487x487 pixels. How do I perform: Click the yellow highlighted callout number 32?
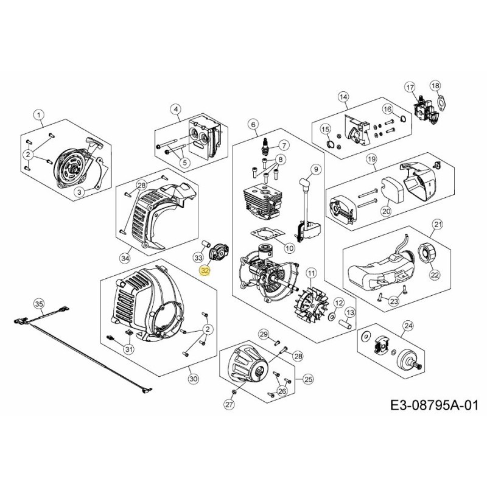[205, 268]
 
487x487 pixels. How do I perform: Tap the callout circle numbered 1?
[39, 114]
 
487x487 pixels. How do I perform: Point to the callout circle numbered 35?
[39, 303]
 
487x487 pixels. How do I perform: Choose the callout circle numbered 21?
[437, 226]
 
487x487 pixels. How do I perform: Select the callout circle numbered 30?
[193, 379]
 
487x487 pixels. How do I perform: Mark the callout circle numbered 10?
[289, 248]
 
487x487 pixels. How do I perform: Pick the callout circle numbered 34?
[125, 258]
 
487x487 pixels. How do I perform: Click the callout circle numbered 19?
[371, 159]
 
